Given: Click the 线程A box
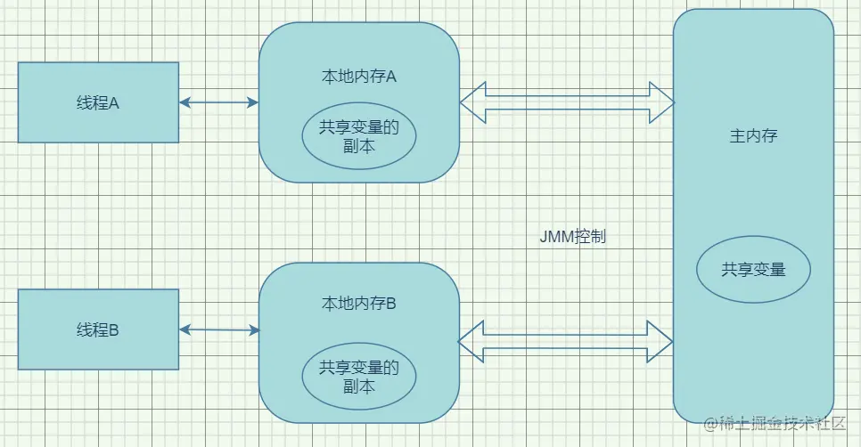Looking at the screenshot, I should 98,102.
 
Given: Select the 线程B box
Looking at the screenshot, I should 98,330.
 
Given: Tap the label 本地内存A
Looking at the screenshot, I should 358,77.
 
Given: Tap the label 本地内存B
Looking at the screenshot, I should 358,304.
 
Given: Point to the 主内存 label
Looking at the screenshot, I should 754,136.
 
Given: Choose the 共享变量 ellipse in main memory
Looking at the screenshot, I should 754,269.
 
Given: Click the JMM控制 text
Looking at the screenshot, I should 573,237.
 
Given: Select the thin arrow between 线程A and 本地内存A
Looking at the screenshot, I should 218,102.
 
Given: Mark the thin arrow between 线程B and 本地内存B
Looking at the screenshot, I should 218,330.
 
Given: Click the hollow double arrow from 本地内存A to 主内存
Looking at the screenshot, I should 567,102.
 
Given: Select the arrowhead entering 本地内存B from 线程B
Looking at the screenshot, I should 253,330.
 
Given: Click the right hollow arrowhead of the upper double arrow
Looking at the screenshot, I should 661,102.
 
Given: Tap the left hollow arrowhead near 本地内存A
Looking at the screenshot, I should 472,102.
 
